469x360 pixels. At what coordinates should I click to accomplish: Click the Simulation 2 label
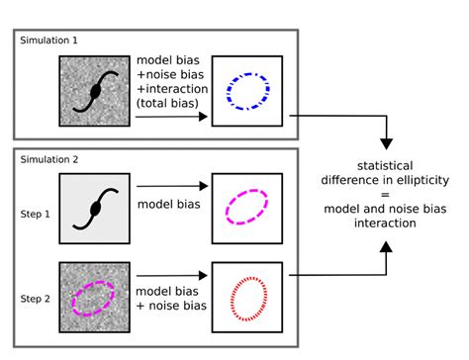click(47, 159)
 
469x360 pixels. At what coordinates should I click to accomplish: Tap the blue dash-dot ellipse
click(247, 89)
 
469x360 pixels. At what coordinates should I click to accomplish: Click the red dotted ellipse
click(247, 296)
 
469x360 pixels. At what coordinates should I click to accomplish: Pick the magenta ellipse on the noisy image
click(92, 297)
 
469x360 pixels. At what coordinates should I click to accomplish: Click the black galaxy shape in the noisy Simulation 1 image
click(95, 91)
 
